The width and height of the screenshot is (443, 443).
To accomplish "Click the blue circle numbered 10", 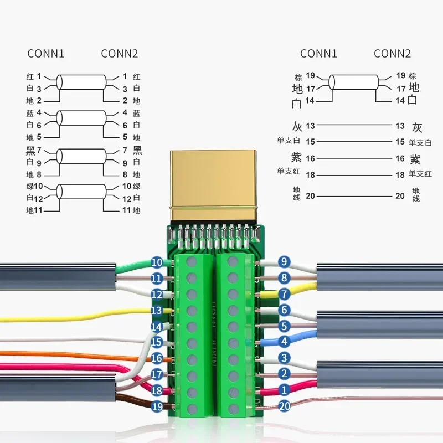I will (x=157, y=262).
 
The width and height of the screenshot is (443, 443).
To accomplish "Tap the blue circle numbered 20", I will (x=284, y=406).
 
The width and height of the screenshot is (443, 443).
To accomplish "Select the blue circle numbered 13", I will (x=157, y=310).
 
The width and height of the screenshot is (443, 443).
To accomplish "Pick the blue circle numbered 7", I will (x=284, y=293).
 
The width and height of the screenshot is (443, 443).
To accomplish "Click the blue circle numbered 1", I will (x=284, y=390).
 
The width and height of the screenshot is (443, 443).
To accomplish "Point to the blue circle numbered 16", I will (x=157, y=358).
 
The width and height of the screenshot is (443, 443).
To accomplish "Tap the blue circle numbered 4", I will (x=284, y=342).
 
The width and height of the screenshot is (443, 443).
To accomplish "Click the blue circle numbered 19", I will (x=157, y=406).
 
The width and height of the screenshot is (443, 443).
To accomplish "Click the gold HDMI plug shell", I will (x=214, y=183).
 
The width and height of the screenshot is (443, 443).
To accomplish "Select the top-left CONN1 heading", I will (x=46, y=54).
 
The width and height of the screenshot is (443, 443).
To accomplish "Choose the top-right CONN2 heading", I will (x=392, y=54).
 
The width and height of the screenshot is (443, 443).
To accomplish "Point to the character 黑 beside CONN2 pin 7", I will (x=137, y=150).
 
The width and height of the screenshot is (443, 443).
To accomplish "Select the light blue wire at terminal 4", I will (x=302, y=339).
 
